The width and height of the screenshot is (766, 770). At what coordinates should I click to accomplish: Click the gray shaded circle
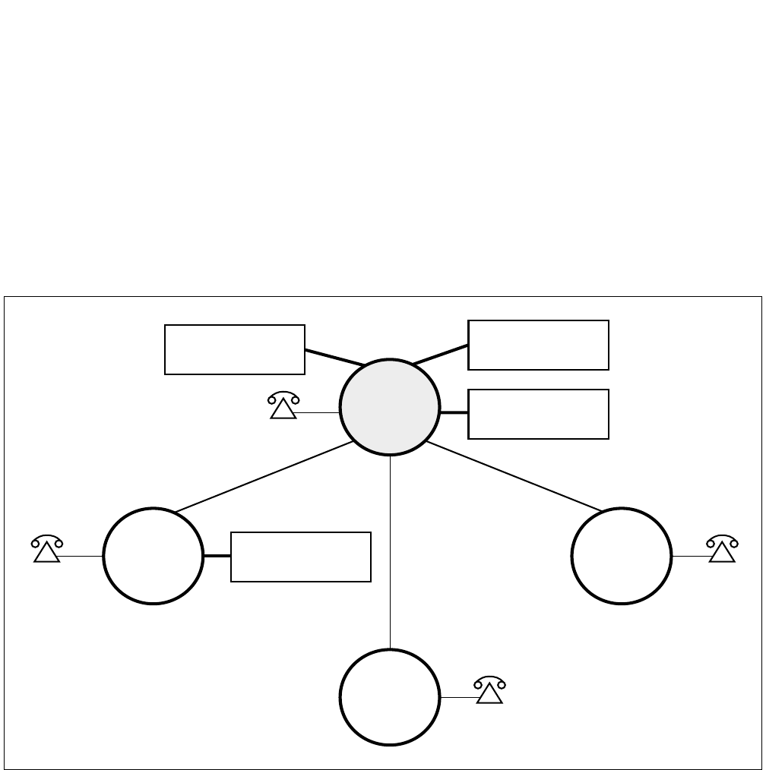[x=389, y=407]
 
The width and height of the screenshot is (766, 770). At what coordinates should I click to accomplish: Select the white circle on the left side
[x=153, y=556]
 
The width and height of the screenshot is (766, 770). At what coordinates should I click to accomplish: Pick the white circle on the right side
[x=621, y=556]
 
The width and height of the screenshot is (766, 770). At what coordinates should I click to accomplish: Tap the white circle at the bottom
[x=389, y=697]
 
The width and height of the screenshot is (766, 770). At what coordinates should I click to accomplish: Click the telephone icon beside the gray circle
[x=283, y=407]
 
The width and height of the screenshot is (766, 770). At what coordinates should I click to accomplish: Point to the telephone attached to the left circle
[x=46, y=549]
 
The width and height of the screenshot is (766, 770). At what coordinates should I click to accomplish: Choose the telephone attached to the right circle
[x=722, y=549]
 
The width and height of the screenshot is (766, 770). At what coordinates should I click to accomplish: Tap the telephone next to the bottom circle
[x=490, y=690]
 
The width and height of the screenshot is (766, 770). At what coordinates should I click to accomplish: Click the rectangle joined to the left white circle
[x=300, y=557]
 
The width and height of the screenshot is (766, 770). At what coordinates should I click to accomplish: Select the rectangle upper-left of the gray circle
[x=234, y=349]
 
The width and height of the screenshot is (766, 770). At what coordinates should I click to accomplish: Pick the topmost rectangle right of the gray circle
[x=538, y=345]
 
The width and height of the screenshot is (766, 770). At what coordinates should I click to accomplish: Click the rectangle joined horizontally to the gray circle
[x=538, y=414]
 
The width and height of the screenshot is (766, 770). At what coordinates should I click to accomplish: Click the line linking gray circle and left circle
[x=263, y=477]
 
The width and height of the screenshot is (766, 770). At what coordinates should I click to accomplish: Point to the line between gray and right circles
[x=515, y=476]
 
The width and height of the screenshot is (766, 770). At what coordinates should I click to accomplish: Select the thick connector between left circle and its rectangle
[x=217, y=557]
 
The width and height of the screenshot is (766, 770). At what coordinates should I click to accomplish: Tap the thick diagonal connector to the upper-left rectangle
[x=334, y=358]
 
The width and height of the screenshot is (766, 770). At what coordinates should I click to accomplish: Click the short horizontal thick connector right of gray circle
[x=454, y=412]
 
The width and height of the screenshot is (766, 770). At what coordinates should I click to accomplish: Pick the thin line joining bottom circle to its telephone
[x=458, y=697]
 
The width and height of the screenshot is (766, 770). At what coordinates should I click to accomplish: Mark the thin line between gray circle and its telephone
[x=318, y=412]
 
